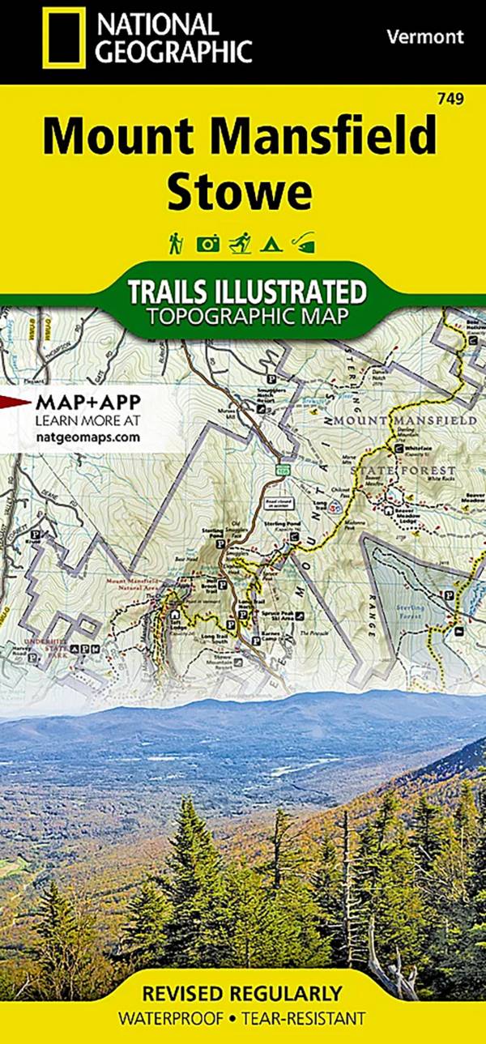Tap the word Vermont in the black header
[425, 36]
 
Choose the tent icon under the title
[270, 243]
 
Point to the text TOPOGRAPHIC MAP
[247, 314]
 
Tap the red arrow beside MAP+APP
[15, 400]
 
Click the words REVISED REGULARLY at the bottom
[241, 993]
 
